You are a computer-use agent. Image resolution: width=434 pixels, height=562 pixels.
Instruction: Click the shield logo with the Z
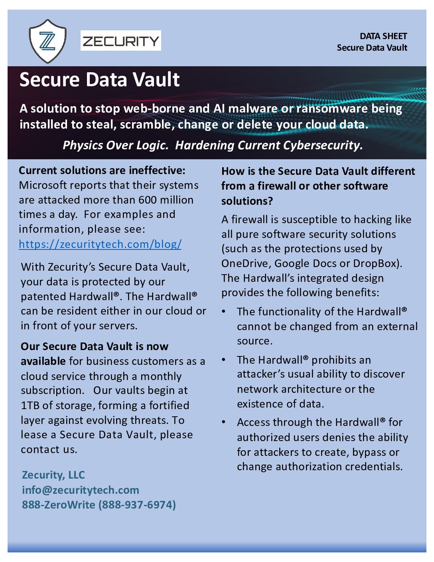pyautogui.click(x=47, y=41)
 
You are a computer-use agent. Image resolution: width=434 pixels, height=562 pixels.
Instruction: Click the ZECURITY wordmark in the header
pyautogui.click(x=120, y=41)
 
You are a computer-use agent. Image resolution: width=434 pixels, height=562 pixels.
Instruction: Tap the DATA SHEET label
pyautogui.click(x=383, y=36)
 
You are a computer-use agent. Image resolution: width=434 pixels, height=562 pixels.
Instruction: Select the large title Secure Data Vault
pyautogui.click(x=99, y=79)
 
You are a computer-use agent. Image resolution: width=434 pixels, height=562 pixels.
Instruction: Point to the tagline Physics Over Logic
pyautogui.click(x=115, y=145)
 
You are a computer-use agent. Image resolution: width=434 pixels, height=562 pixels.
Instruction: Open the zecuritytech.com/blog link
pyautogui.click(x=100, y=244)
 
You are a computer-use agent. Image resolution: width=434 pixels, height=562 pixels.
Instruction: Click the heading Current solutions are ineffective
pyautogui.click(x=102, y=170)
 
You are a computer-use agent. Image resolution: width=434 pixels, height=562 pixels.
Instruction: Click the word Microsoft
pyautogui.click(x=43, y=185)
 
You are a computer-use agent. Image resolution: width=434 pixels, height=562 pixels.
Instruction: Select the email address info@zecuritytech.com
pyautogui.click(x=81, y=490)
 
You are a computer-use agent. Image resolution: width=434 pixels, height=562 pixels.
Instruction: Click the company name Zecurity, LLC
pyautogui.click(x=53, y=475)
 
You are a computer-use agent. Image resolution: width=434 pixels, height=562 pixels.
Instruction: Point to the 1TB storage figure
pyautogui.click(x=30, y=406)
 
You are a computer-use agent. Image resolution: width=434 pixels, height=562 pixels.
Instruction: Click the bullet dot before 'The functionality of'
pyautogui.click(x=224, y=311)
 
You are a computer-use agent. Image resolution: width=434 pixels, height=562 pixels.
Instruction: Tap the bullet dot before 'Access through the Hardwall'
pyautogui.click(x=224, y=422)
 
